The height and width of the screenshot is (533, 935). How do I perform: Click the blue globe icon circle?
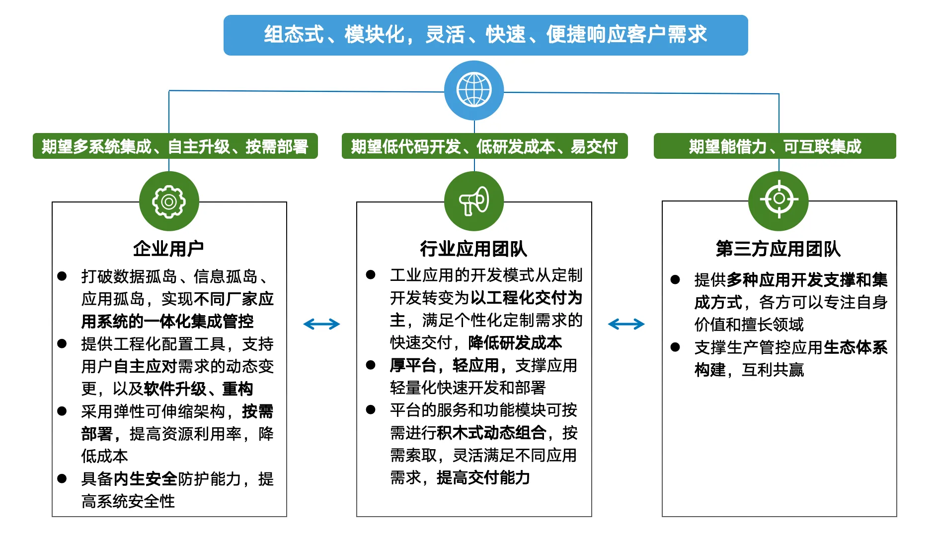474,90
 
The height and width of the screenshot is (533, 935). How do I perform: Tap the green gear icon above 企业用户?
169,201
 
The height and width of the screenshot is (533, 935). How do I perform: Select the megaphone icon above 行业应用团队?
474,201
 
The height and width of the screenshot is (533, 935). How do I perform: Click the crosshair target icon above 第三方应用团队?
779,199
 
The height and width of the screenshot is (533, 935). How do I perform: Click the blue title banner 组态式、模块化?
485,35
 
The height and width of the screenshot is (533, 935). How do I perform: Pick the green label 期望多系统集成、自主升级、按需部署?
175,146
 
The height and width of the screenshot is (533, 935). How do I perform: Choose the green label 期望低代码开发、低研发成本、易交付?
484,146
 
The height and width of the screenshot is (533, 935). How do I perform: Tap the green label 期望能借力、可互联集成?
775,146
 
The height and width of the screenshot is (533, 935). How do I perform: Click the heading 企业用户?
168,249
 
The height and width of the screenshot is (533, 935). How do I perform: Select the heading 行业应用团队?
473,249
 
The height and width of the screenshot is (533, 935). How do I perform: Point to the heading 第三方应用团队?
778,249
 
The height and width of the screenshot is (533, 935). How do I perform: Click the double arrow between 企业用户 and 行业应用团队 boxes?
321,324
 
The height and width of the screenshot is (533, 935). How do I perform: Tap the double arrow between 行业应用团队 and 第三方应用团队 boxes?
626,324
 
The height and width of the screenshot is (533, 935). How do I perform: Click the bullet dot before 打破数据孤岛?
62,276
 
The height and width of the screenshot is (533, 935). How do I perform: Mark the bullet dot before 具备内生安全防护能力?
62,478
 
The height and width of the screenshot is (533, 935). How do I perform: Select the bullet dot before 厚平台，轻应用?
371,365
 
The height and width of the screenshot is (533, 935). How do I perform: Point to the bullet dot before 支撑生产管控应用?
675,347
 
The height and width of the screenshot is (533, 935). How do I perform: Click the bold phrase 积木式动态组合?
491,433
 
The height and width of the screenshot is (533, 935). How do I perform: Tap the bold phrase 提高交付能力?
483,477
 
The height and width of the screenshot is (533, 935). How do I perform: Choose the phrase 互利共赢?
773,370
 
